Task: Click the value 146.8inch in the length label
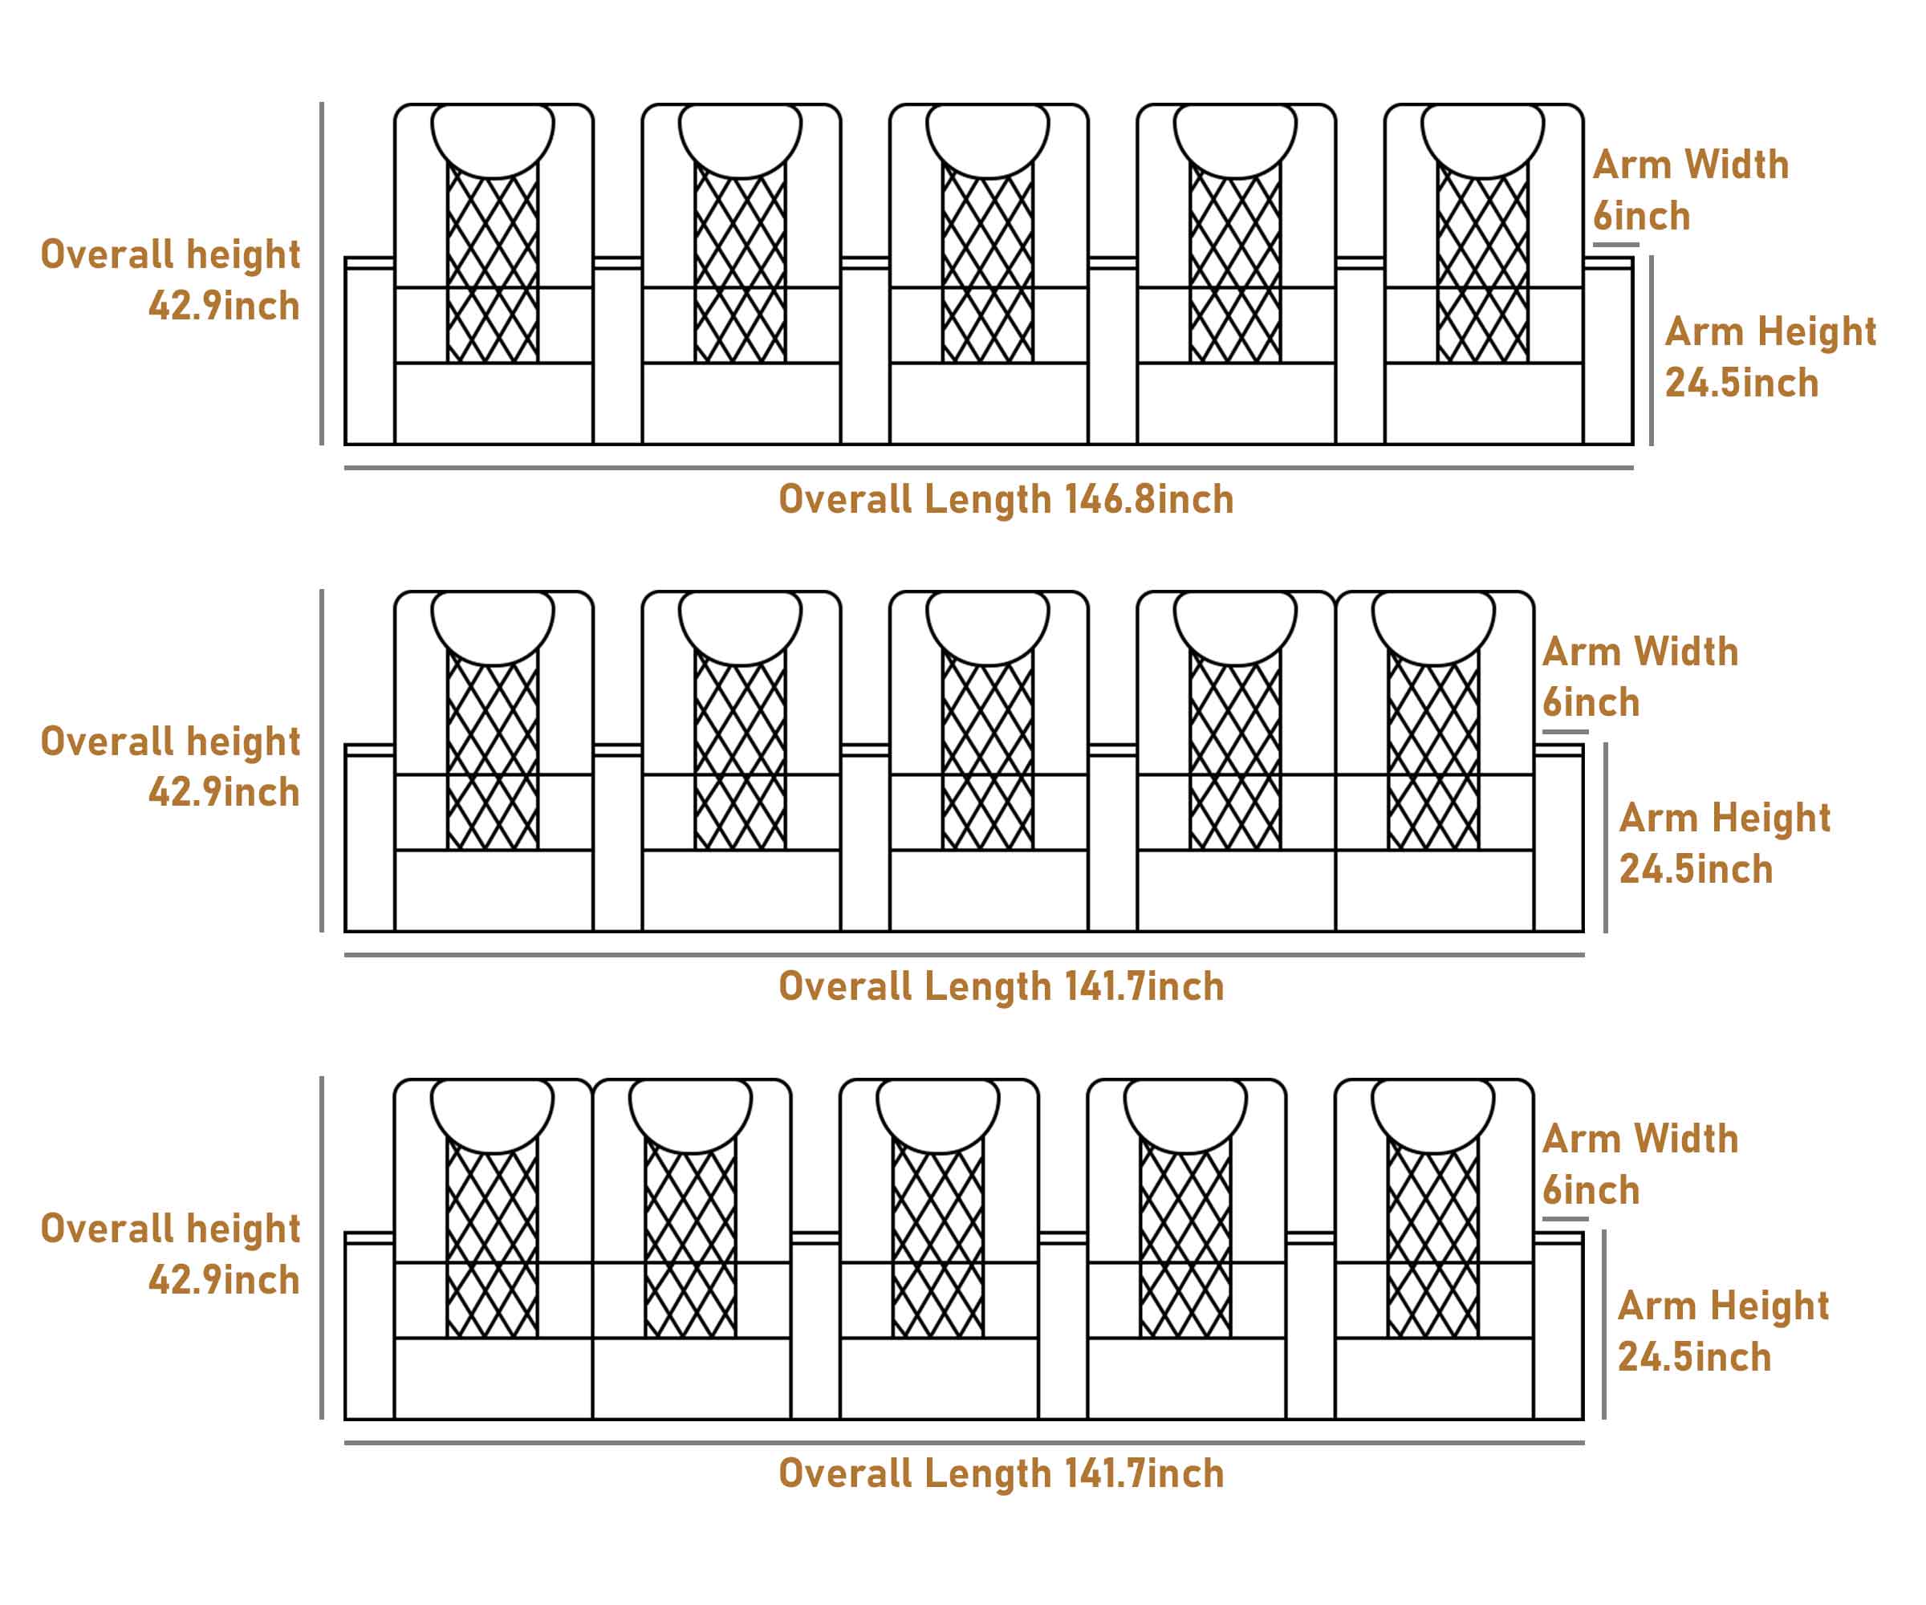click(x=1148, y=500)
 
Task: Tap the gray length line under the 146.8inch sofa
click(x=989, y=468)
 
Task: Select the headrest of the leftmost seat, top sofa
click(x=493, y=140)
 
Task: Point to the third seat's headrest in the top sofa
click(x=988, y=140)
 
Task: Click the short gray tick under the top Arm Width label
click(x=1616, y=245)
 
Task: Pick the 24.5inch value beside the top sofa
click(x=1741, y=384)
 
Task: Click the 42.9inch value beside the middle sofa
click(x=225, y=792)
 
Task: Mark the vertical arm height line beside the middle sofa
click(x=1606, y=837)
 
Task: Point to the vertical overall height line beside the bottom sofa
click(x=322, y=1247)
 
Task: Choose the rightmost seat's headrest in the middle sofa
click(x=1433, y=628)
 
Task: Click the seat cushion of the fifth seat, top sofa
click(x=1484, y=404)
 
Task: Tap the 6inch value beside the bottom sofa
click(x=1591, y=1190)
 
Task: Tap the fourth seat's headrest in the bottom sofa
click(x=1186, y=1115)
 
